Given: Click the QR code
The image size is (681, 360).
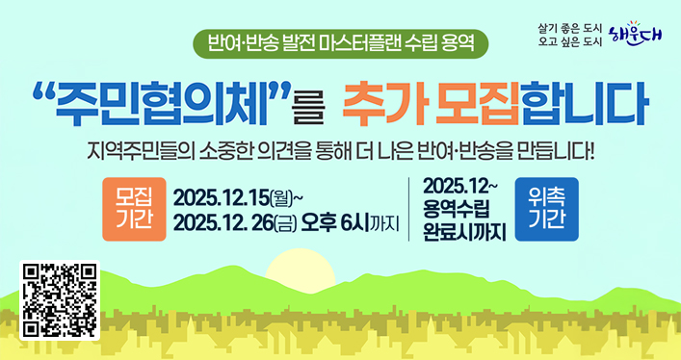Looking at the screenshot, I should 60,300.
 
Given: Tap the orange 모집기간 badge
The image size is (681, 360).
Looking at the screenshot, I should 134,209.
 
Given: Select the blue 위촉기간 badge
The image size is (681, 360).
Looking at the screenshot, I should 546,209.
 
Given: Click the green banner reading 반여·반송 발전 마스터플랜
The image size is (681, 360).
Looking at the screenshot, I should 341,43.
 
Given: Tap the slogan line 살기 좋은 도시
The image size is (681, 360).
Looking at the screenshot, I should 568,26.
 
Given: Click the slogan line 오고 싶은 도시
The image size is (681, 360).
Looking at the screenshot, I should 568,41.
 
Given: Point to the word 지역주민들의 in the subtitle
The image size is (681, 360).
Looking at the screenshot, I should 133,152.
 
